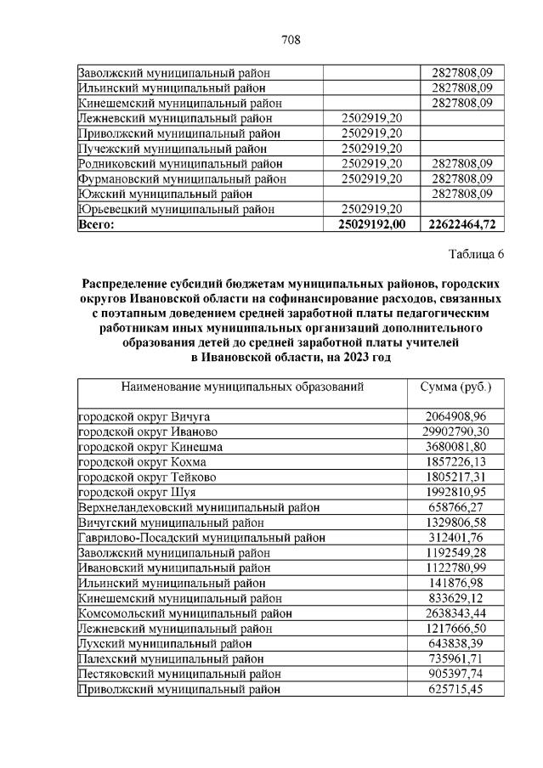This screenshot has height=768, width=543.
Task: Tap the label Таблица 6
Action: click(475, 254)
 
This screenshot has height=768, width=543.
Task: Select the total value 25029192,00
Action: click(372, 224)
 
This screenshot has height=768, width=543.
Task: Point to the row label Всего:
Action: click(96, 224)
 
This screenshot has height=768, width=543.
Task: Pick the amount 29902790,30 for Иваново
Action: click(456, 432)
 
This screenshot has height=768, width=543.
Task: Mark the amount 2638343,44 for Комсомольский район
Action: click(456, 614)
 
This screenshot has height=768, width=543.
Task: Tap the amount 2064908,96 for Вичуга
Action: click(456, 416)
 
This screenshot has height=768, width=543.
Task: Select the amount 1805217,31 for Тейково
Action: click(456, 477)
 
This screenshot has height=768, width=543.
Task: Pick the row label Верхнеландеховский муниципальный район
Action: click(198, 507)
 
